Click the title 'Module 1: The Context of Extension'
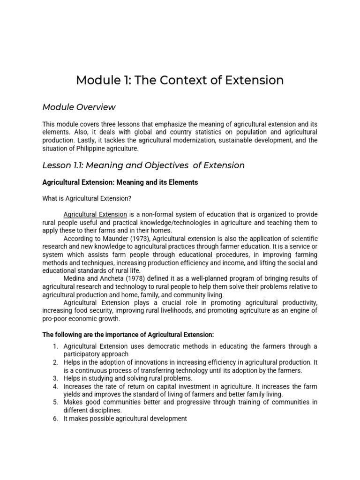pyautogui.click(x=180, y=80)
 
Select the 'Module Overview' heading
pyautogui.click(x=79, y=107)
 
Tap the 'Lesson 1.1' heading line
pyautogui.click(x=143, y=165)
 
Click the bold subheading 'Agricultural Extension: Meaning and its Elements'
pyautogui.click(x=120, y=182)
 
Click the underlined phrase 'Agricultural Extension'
pyautogui.click(x=95, y=215)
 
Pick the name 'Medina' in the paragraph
pyautogui.click(x=74, y=278)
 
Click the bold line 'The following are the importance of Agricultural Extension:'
pyautogui.click(x=128, y=334)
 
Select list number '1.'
pyautogui.click(x=55, y=346)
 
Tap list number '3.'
pyautogui.click(x=55, y=378)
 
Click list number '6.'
pyautogui.click(x=55, y=418)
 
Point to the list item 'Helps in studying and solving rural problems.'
pyautogui.click(x=128, y=378)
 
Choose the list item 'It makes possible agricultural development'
pyautogui.click(x=125, y=418)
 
